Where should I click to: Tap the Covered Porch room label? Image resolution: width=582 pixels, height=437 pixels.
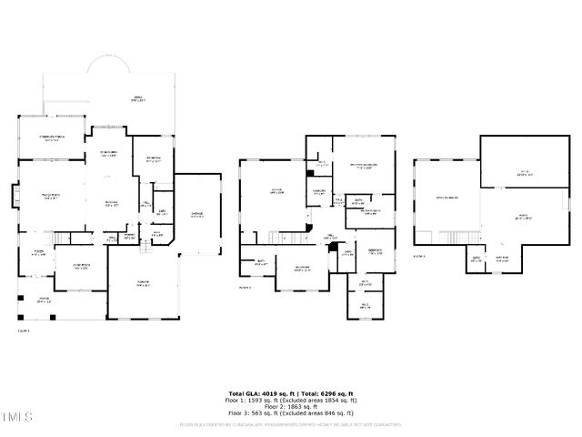tap(50, 139)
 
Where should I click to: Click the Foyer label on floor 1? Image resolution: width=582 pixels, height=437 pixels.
tap(40, 253)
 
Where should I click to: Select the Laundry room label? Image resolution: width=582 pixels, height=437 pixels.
tap(318, 191)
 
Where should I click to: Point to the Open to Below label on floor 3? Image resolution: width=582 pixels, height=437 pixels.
tap(445, 198)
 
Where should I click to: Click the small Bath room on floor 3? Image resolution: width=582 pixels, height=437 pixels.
tap(476, 259)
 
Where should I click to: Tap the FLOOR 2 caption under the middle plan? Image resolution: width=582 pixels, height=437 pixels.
tap(245, 287)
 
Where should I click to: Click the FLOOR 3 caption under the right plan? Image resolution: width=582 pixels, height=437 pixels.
tap(419, 257)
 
